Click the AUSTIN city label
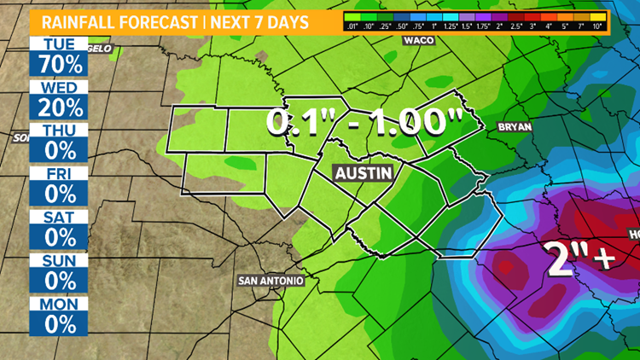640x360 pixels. pos(363,173)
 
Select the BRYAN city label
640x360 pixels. pos(515,127)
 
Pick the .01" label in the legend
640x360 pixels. pos(352,25)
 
